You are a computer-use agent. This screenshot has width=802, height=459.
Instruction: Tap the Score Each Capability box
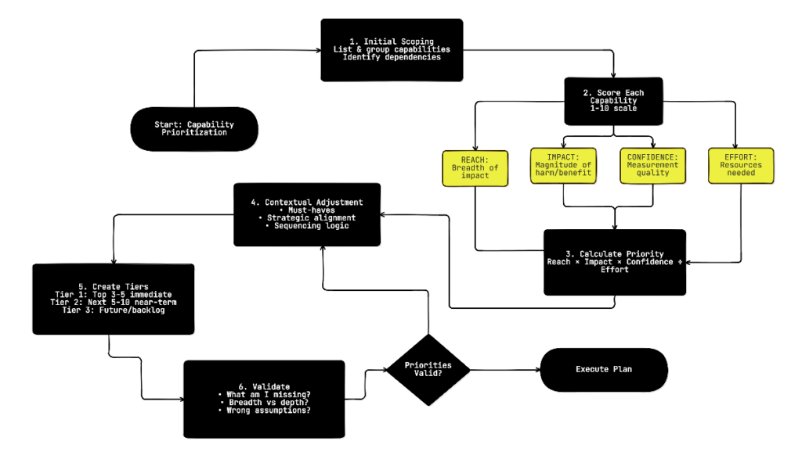coord(613,102)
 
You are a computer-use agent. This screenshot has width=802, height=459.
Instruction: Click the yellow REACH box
coord(475,167)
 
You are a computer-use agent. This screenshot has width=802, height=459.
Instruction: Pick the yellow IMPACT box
coord(562,167)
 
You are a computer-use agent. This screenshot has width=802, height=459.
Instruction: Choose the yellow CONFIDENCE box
coord(653,167)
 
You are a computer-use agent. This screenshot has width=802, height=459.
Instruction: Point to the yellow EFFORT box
coord(741,167)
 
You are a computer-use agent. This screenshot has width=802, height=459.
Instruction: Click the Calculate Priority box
coord(614,262)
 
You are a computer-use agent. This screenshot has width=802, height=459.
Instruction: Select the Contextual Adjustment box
coord(307,213)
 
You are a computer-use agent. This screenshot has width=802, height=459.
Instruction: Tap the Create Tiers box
coord(114,299)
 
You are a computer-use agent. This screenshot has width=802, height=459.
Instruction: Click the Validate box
coord(264,398)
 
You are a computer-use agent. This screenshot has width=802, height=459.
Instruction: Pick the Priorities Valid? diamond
coord(428,370)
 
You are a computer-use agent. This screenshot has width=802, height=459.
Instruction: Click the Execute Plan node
coord(603,370)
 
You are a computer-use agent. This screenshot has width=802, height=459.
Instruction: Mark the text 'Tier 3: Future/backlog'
coord(114,310)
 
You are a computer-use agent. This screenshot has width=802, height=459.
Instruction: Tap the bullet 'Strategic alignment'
coord(307,217)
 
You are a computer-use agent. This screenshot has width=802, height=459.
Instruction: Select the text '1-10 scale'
coord(613,109)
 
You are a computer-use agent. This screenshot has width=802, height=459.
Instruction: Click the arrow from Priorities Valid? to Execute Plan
coord(501,370)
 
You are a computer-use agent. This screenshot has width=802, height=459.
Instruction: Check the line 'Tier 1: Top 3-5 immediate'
coord(114,294)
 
